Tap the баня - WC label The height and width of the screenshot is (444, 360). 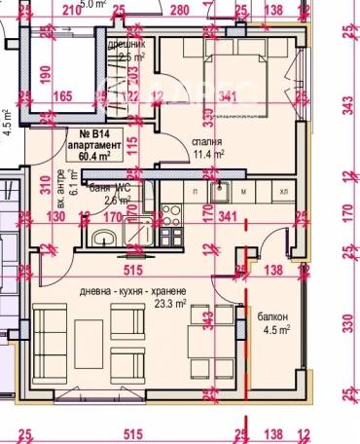[108, 188]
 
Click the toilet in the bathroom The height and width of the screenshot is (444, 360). [100, 237]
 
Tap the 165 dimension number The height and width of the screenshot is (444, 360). [63, 96]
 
